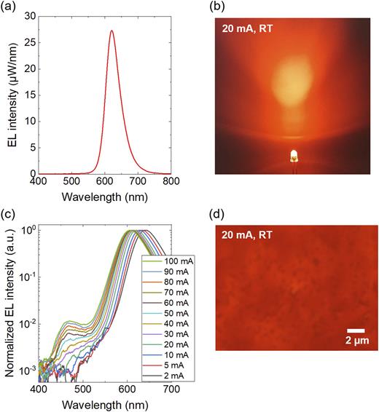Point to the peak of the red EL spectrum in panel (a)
pos(112,31)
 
